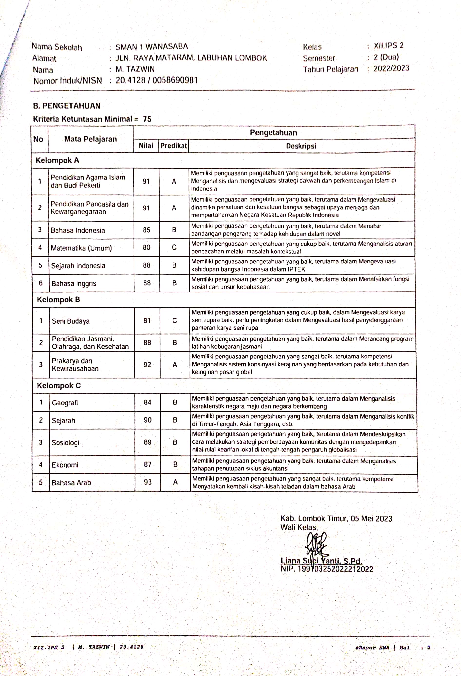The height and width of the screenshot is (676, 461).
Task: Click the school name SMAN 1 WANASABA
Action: click(x=152, y=47)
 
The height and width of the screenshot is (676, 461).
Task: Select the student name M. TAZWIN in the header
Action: click(x=135, y=69)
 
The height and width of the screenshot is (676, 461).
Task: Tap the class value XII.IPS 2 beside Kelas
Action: click(x=389, y=46)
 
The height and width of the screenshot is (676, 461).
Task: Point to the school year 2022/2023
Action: click(x=391, y=69)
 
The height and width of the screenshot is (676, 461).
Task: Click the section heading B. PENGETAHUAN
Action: click(x=67, y=106)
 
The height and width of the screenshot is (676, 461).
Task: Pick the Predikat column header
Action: click(x=174, y=145)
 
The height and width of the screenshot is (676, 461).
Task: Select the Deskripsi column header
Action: click(x=301, y=146)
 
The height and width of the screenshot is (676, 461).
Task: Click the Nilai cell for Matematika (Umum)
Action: click(x=146, y=248)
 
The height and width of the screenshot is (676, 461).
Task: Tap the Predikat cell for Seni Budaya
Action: click(x=175, y=320)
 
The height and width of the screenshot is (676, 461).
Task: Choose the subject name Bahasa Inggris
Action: click(x=74, y=283)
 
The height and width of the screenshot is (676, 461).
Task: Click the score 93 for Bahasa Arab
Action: click(x=148, y=482)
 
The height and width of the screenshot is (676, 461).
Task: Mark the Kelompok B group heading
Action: click(x=58, y=300)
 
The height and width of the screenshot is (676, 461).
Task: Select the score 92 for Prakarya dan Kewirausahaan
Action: click(x=147, y=365)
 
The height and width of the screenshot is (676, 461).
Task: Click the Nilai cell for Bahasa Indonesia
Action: click(x=146, y=230)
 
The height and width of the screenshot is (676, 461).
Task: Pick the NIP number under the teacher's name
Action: click(x=335, y=569)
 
